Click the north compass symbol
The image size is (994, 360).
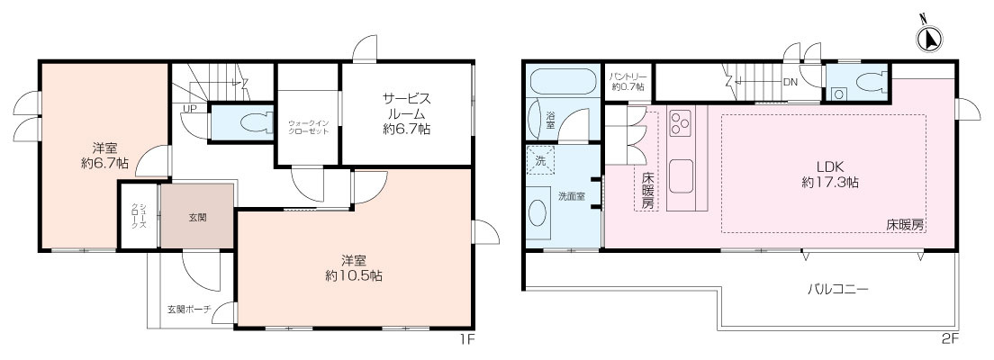pos(928,38)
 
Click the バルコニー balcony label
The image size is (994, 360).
pos(836,291)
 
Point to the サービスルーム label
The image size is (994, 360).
pos(407,113)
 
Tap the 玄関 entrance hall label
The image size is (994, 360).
pos(197,217)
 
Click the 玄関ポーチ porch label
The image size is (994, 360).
pos(189,309)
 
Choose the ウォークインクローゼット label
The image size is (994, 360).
pos(309,126)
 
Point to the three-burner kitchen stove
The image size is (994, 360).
pos(679,120)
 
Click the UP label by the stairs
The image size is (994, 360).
pos(190,110)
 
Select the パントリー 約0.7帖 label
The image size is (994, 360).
pos(627,82)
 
